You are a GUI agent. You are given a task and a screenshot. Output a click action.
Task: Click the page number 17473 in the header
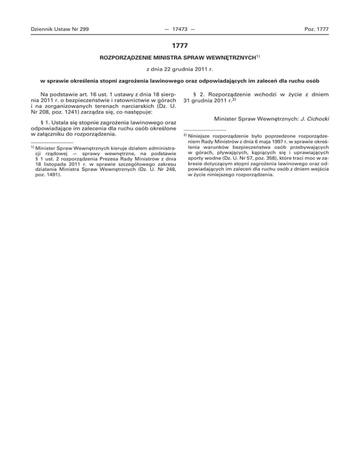180,30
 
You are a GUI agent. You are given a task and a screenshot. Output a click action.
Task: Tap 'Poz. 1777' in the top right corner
315,30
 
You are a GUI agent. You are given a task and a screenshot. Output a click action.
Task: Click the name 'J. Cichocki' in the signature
315,118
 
